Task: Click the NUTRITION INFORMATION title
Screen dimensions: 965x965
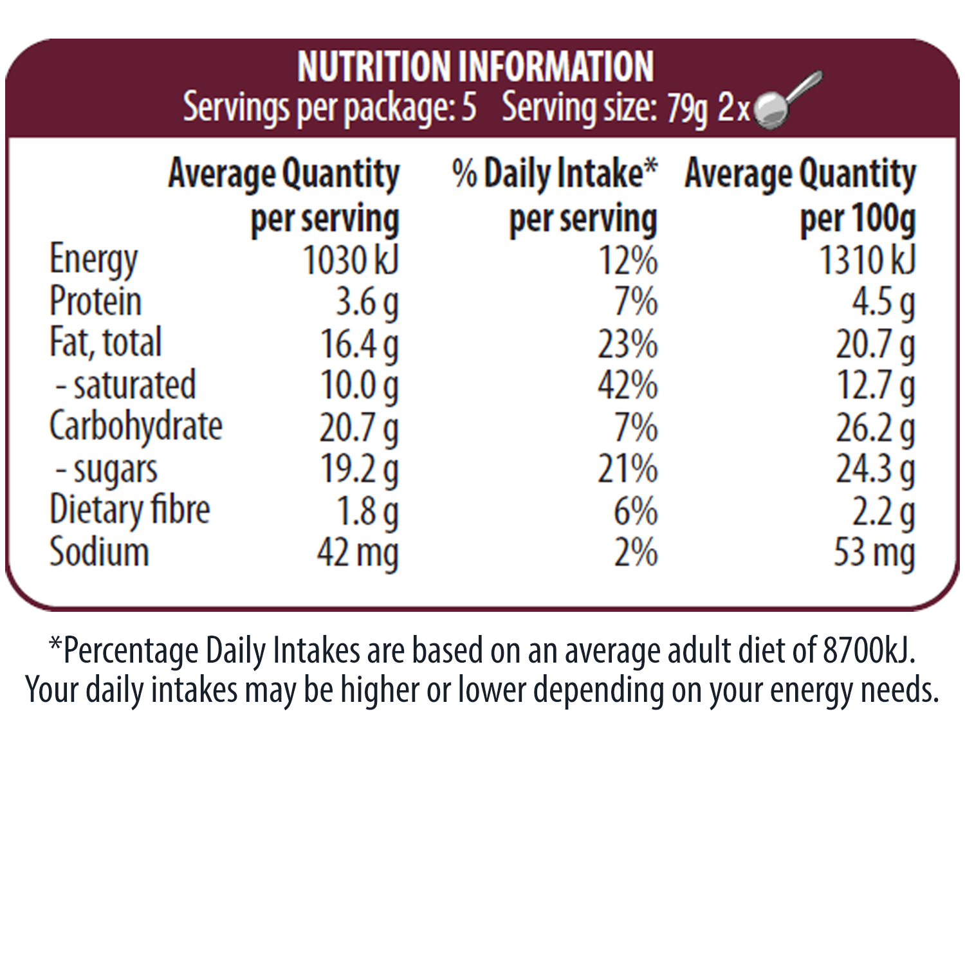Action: [475, 67]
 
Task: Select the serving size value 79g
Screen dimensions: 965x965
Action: [686, 109]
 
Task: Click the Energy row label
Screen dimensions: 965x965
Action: [93, 260]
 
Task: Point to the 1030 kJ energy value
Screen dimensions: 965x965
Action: [351, 260]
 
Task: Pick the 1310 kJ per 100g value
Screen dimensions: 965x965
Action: [867, 260]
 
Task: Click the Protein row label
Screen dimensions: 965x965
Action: [95, 301]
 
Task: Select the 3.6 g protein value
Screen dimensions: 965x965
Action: [367, 302]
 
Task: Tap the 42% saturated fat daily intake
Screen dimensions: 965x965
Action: [627, 385]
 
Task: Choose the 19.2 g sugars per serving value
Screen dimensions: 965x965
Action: [359, 470]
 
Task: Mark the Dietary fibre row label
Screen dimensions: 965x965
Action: [129, 511]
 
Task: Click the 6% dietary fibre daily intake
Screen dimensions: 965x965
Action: [635, 511]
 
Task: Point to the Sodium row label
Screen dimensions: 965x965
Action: [99, 553]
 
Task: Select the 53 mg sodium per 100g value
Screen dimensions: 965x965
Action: [874, 553]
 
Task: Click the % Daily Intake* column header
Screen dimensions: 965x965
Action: [555, 174]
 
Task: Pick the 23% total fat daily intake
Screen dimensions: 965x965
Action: [627, 344]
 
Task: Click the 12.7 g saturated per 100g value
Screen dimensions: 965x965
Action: [875, 385]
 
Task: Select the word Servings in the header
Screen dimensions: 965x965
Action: [236, 107]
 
